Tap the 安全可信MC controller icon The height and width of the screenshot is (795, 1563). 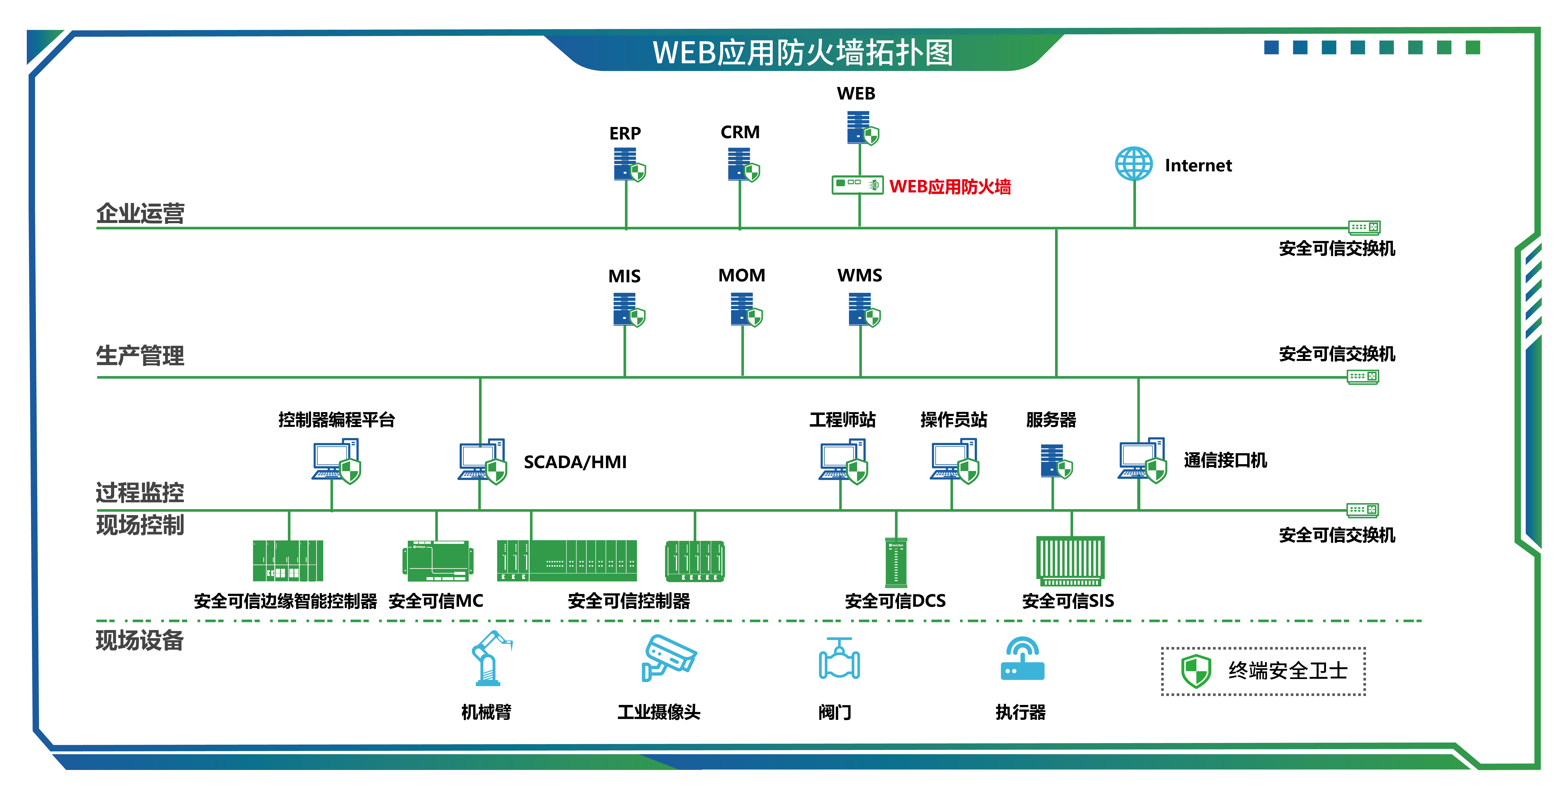click(x=437, y=561)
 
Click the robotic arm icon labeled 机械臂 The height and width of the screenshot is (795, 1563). click(x=490, y=658)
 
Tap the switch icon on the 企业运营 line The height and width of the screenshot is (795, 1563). click(x=1364, y=228)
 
